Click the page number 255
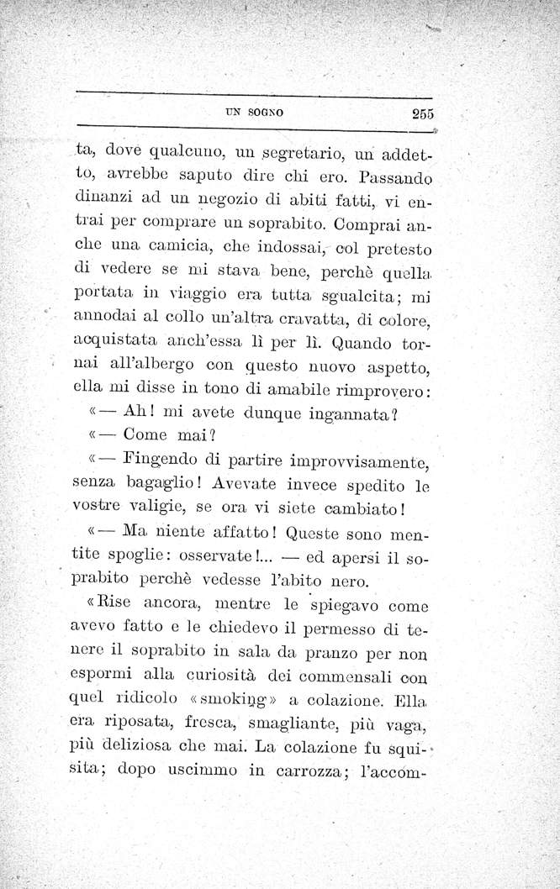(x=416, y=116)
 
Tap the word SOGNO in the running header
(x=267, y=111)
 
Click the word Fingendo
(x=160, y=460)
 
